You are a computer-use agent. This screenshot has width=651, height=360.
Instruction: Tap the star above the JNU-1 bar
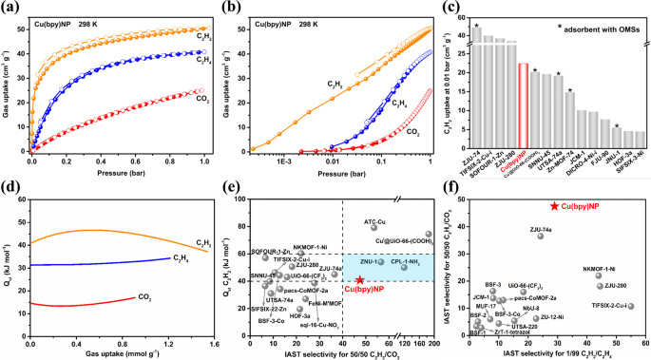coord(590,126)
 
